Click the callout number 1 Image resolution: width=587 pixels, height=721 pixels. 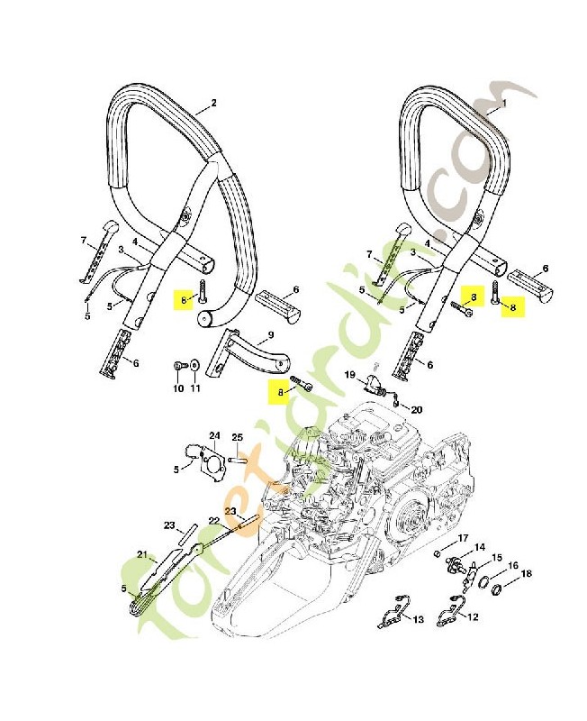coord(503,103)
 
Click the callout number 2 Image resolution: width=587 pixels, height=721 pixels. coord(213,103)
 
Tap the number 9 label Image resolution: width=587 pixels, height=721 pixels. coord(267,341)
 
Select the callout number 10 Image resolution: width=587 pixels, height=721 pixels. coord(177,388)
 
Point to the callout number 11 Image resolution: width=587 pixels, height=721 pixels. coord(194,388)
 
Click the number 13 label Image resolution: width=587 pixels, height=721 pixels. coord(418,618)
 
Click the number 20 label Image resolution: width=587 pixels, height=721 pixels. coord(416,410)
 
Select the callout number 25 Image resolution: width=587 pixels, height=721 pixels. coord(238,437)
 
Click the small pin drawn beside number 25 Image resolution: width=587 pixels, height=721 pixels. coord(239,456)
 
